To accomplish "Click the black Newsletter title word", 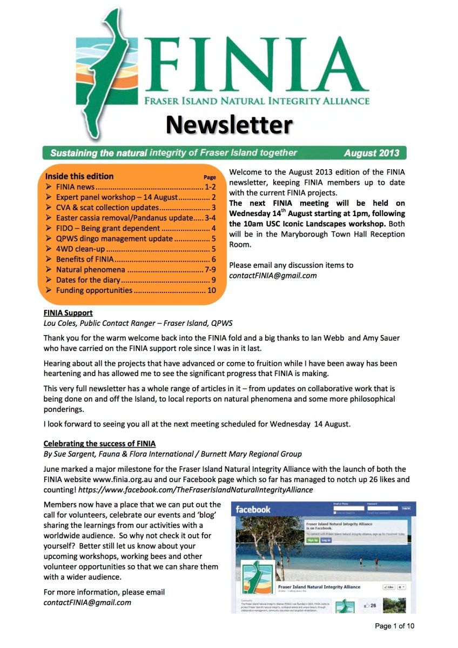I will click(229, 124).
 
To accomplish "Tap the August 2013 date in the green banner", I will click(372, 153).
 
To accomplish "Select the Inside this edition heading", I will click(79, 176).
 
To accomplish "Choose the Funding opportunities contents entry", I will click(94, 290).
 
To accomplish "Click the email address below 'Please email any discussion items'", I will click(273, 276).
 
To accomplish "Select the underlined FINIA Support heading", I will click(68, 312).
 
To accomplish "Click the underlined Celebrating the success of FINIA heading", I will click(99, 444).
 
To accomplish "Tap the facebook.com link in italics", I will click(196, 490).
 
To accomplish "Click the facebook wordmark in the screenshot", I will click(253, 509).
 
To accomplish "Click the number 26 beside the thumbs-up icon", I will click(373, 606).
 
